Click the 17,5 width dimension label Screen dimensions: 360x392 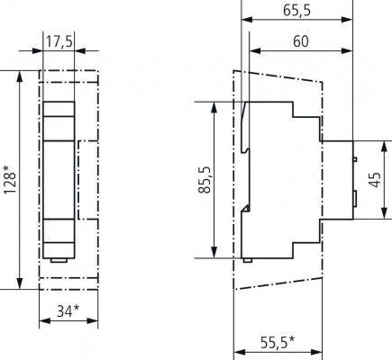(x=60, y=40)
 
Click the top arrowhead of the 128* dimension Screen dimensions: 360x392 (x=20, y=75)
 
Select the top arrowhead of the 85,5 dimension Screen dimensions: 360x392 (x=214, y=106)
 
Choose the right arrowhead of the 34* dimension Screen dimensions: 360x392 (x=96, y=324)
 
